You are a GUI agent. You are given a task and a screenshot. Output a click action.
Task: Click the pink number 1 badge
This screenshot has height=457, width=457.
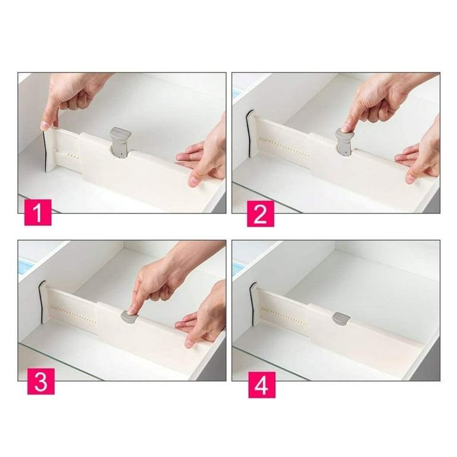[x=38, y=212]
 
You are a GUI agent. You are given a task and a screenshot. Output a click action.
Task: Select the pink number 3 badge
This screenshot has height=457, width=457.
[x=41, y=381]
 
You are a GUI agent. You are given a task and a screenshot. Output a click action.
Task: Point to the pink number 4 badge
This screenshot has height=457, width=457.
[x=262, y=385]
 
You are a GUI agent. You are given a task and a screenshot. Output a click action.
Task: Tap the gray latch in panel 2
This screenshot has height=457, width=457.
[x=345, y=143]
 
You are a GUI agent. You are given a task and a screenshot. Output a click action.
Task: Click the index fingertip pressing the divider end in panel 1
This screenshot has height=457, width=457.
[x=45, y=126]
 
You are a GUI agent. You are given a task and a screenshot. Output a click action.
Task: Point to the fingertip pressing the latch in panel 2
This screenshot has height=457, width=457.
[x=346, y=128]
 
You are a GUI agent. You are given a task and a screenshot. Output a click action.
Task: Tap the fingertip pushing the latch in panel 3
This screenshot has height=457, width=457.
[x=132, y=309]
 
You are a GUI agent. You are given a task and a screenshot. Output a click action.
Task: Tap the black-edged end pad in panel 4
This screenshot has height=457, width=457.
[x=253, y=303]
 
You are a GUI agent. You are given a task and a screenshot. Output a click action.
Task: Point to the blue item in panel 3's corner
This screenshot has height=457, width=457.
[x=27, y=265]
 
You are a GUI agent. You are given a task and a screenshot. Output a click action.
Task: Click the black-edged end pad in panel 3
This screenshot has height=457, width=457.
[x=42, y=302]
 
